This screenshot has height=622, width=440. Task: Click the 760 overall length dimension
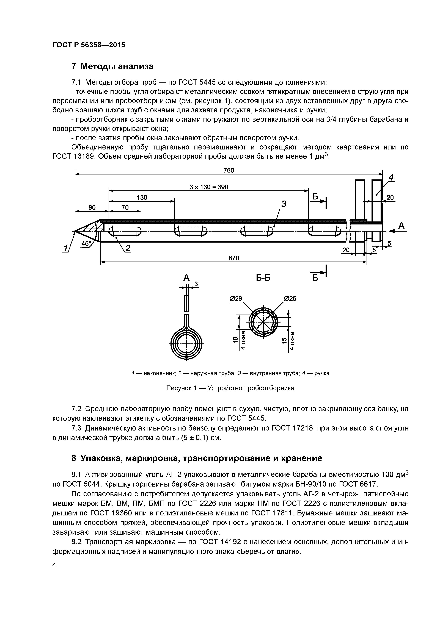(x=229, y=170)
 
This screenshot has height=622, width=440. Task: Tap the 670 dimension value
(x=234, y=258)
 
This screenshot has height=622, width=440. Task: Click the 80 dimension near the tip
(x=92, y=207)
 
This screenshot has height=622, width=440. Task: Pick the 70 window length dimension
(x=125, y=207)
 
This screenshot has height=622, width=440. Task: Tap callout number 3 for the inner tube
(x=284, y=204)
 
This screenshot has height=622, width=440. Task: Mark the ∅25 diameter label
(x=290, y=299)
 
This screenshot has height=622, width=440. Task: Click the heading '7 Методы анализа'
(x=112, y=66)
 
